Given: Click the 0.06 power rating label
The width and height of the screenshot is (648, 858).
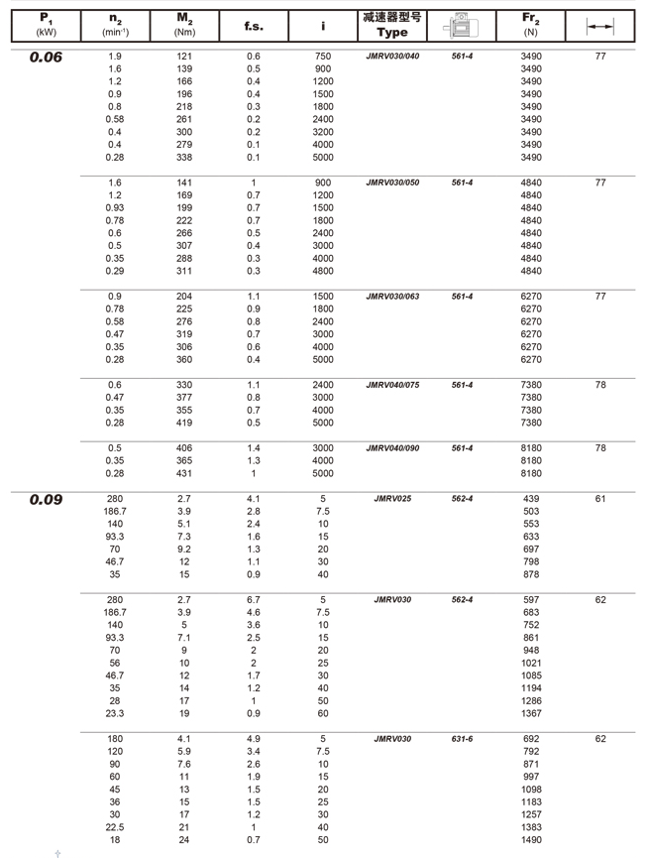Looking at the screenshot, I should pos(46,58).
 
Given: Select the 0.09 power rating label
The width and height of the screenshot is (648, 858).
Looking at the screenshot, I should pos(46,500).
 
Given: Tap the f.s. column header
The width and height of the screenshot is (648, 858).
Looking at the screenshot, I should pos(254,26).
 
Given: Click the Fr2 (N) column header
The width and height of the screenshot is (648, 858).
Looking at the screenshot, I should pos(530,25).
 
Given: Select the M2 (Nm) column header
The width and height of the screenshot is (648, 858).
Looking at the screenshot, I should pos(184,25).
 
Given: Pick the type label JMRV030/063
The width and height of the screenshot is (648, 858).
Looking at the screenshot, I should pos(392,297).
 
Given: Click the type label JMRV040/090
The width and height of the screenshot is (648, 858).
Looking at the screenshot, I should pos(392,448).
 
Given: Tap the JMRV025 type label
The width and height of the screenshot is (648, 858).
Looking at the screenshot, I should pos(392,499).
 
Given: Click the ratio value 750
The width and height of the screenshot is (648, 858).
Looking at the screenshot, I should pos(323,57).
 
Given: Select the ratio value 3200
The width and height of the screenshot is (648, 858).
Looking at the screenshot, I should pos(323,132).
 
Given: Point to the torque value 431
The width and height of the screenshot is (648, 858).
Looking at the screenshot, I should pos(184,473).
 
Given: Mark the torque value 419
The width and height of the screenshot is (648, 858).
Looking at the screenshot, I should pos(184,423).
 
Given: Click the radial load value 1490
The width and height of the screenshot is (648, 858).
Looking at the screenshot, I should pos(531,840).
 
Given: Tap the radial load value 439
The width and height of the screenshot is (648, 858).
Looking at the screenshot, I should pos(531,499).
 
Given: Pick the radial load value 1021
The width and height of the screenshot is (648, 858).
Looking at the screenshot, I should pos(531,663).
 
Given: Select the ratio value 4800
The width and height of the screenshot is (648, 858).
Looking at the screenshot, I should pos(323,271).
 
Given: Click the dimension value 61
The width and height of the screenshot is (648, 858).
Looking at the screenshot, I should pos(600,499).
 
